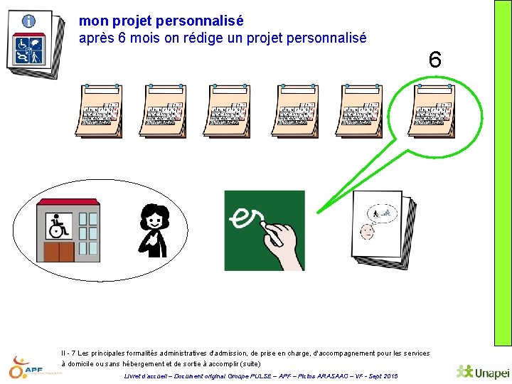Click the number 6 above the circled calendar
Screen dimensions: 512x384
(435, 60)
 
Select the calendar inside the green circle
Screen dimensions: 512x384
(432, 111)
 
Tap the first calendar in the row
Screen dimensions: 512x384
(99, 111)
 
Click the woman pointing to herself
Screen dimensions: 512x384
(154, 230)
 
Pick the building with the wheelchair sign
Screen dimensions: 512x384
(68, 230)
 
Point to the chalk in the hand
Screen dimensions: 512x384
(272, 233)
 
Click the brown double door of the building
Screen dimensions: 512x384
(59, 252)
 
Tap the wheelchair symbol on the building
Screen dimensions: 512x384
(58, 226)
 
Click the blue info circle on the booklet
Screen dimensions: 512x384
(28, 21)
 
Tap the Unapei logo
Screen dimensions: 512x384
(483, 372)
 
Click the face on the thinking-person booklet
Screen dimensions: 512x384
(368, 232)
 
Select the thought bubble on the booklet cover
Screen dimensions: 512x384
(383, 213)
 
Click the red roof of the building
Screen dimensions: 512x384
(68, 202)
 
